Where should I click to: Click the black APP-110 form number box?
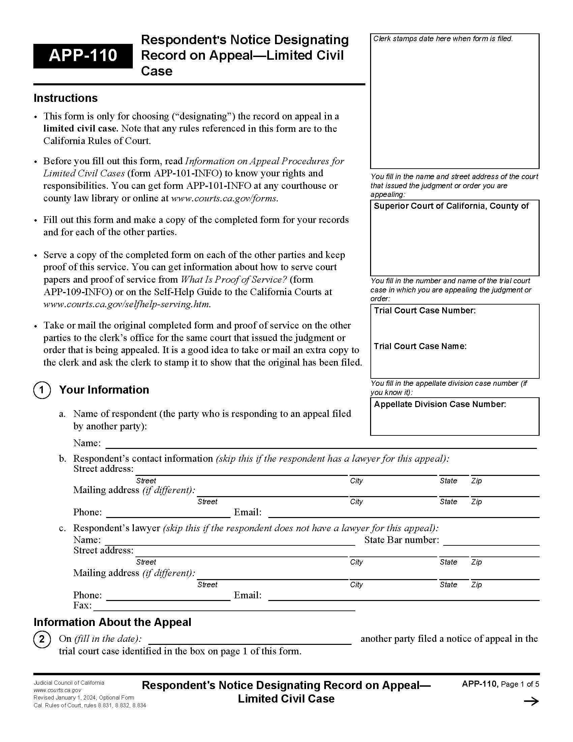(x=83, y=56)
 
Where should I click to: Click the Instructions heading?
(x=65, y=98)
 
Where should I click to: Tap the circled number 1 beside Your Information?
(x=42, y=390)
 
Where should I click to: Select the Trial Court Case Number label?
(x=424, y=311)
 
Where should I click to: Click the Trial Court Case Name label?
(x=420, y=346)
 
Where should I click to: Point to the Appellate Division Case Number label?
(x=440, y=404)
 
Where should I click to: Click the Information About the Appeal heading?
(x=112, y=622)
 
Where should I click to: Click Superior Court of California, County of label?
(x=451, y=206)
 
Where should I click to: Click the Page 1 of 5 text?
(x=520, y=684)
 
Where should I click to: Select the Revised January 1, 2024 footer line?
(x=84, y=697)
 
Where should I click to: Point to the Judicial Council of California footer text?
(x=69, y=683)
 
